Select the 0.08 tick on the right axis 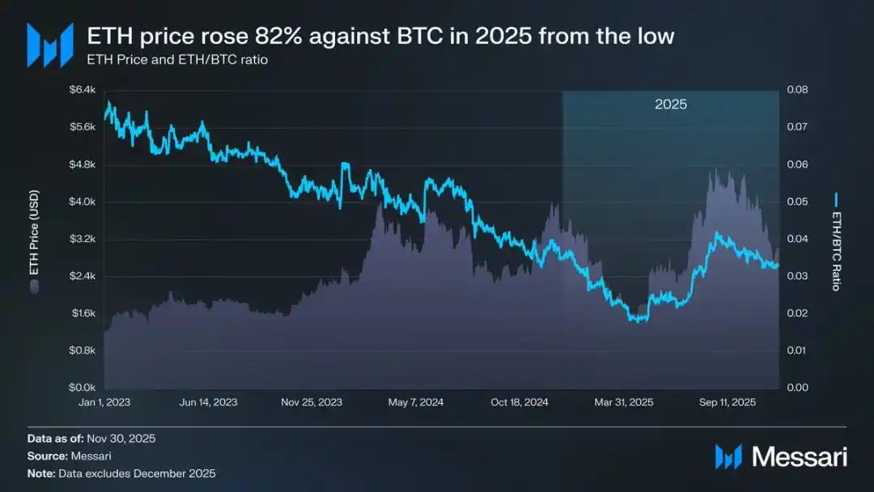797,90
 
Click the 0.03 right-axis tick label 797,276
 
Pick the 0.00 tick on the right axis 797,388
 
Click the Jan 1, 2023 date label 106,402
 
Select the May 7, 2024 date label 417,402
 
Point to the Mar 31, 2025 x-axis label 624,402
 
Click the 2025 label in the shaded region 670,104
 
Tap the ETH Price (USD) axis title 34,240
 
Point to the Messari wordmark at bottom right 799,456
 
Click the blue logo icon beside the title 50,45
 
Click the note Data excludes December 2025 138,473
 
